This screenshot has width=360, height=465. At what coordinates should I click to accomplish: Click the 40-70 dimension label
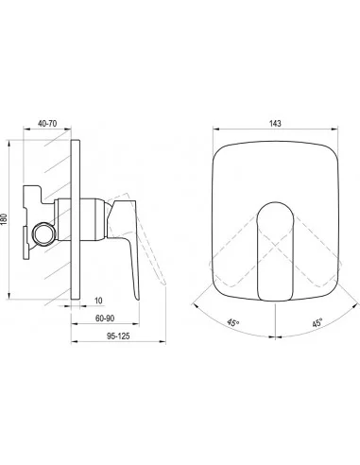pyautogui.click(x=47, y=124)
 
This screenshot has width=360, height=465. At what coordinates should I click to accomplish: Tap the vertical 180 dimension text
pyautogui.click(x=4, y=219)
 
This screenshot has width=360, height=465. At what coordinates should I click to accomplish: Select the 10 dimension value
pyautogui.click(x=98, y=301)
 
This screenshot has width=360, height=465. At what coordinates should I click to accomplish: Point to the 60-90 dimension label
pyautogui.click(x=105, y=319)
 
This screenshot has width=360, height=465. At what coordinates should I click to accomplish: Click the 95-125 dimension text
pyautogui.click(x=118, y=336)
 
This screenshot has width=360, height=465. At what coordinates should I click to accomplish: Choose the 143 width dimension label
pyautogui.click(x=275, y=123)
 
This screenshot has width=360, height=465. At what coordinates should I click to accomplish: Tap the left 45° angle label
pyautogui.click(x=233, y=322)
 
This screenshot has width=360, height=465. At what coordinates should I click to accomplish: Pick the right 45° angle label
pyautogui.click(x=317, y=322)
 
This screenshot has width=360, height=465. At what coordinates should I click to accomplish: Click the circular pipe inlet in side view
pyautogui.click(x=44, y=234)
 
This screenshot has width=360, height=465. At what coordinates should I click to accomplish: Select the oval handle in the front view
pyautogui.click(x=275, y=250)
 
